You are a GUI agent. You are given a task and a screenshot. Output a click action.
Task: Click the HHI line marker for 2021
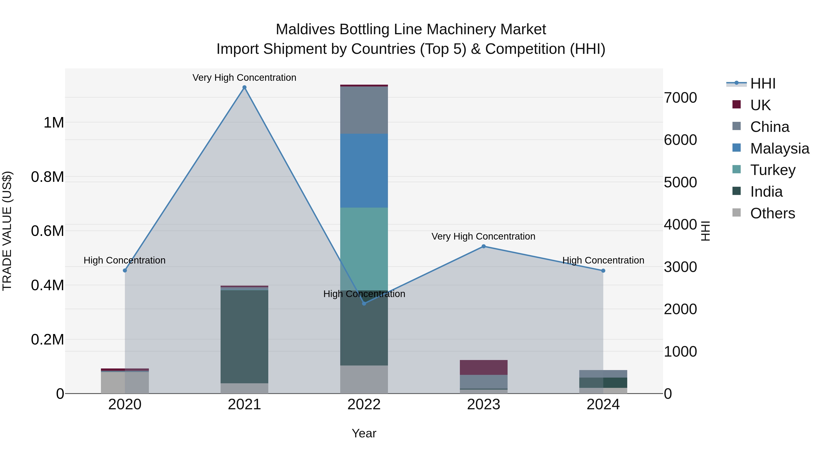click(244, 87)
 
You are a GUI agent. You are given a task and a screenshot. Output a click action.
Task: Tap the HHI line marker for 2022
click(364, 303)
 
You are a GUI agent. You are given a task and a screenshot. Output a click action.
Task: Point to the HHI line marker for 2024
click(603, 271)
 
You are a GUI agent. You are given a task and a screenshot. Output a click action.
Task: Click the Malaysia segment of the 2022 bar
click(364, 171)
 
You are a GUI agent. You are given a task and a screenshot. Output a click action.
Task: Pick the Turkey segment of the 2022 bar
click(364, 249)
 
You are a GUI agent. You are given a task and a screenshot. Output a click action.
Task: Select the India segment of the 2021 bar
click(244, 336)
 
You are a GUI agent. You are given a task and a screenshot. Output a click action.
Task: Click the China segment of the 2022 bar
click(364, 110)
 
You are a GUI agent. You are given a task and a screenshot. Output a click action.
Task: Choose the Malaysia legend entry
click(780, 148)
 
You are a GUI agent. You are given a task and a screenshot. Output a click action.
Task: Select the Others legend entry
click(772, 213)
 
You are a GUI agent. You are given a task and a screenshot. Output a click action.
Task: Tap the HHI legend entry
click(763, 84)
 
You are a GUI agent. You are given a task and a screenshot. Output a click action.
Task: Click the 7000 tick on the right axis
click(680, 98)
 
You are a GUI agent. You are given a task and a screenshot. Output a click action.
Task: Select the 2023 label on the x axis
click(483, 405)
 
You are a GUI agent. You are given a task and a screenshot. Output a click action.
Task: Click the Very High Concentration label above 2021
click(244, 78)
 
